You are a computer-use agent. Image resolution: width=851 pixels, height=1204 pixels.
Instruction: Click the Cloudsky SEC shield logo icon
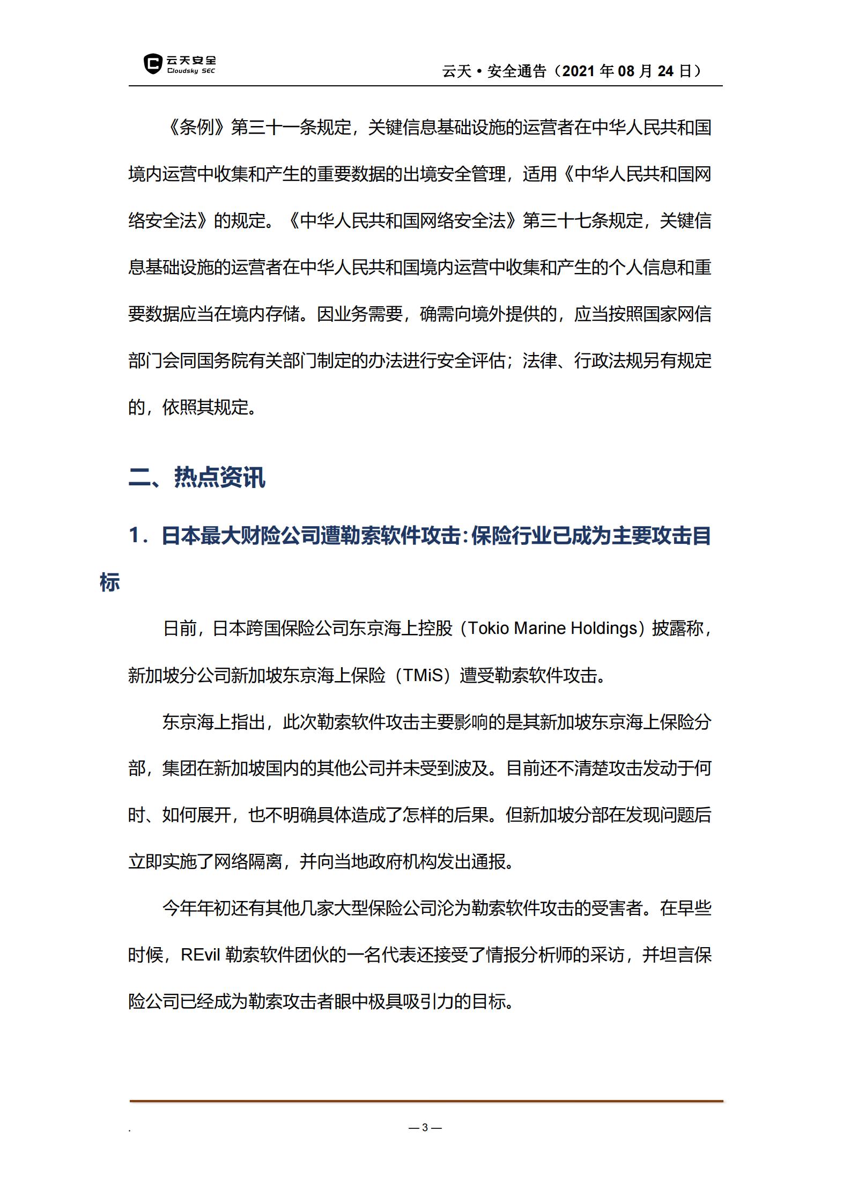[x=153, y=64]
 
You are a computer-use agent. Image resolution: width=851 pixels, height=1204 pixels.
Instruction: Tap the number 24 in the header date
[x=665, y=71]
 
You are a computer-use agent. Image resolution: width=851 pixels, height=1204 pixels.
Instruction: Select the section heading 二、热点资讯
[x=197, y=477]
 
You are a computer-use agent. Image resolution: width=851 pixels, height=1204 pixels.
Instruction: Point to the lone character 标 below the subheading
[x=109, y=582]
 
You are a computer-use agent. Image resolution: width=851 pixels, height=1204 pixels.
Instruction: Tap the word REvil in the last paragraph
[x=200, y=955]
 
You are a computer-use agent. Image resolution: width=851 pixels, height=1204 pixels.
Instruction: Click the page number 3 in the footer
[x=425, y=1127]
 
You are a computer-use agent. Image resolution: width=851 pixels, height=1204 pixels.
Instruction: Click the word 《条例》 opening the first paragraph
[x=196, y=128]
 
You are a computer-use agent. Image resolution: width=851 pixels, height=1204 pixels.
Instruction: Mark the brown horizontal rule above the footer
[x=426, y=1101]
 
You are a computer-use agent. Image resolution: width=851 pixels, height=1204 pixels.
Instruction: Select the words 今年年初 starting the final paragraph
[x=196, y=908]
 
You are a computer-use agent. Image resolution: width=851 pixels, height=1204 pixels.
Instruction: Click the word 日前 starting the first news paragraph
[x=180, y=628]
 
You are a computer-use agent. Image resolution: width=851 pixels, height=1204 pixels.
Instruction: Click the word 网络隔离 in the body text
[x=248, y=862]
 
